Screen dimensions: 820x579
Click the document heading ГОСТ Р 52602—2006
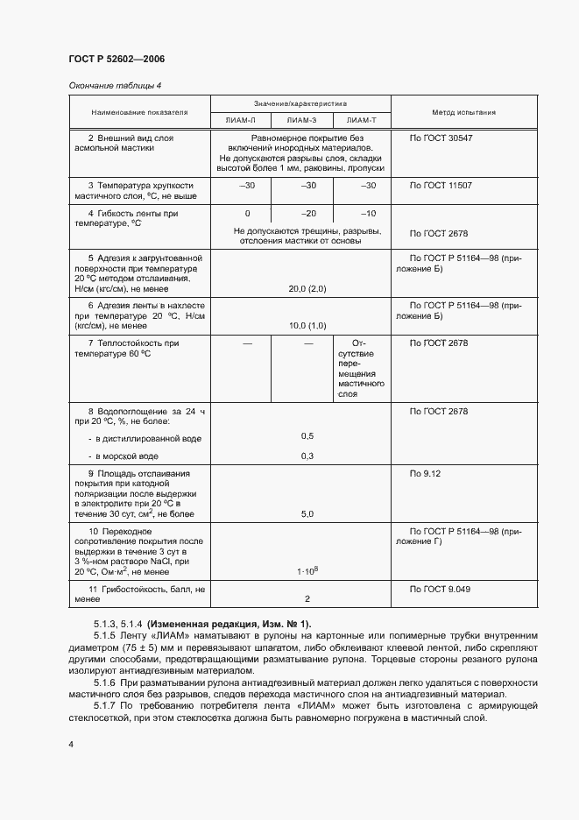pyautogui.click(x=117, y=59)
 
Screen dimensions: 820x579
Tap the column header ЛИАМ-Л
pyautogui.click(x=241, y=120)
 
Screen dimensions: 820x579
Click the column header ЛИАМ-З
pyautogui.click(x=301, y=120)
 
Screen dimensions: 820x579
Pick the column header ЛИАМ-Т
pyautogui.click(x=361, y=120)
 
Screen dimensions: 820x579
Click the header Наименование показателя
pyautogui.click(x=140, y=112)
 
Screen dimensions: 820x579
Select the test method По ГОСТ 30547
pyautogui.click(x=441, y=138)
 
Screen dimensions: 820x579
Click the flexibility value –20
pyautogui.click(x=308, y=214)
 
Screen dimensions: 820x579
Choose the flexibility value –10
pyautogui.click(x=369, y=214)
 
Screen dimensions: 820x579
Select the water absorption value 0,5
pyautogui.click(x=307, y=435)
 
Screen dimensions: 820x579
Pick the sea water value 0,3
pyautogui.click(x=307, y=456)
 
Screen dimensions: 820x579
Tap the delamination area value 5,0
pyautogui.click(x=307, y=514)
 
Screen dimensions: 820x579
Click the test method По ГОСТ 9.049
pyautogui.click(x=441, y=589)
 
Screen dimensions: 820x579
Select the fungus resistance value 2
pyautogui.click(x=307, y=599)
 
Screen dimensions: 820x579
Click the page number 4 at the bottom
pyautogui.click(x=71, y=745)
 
